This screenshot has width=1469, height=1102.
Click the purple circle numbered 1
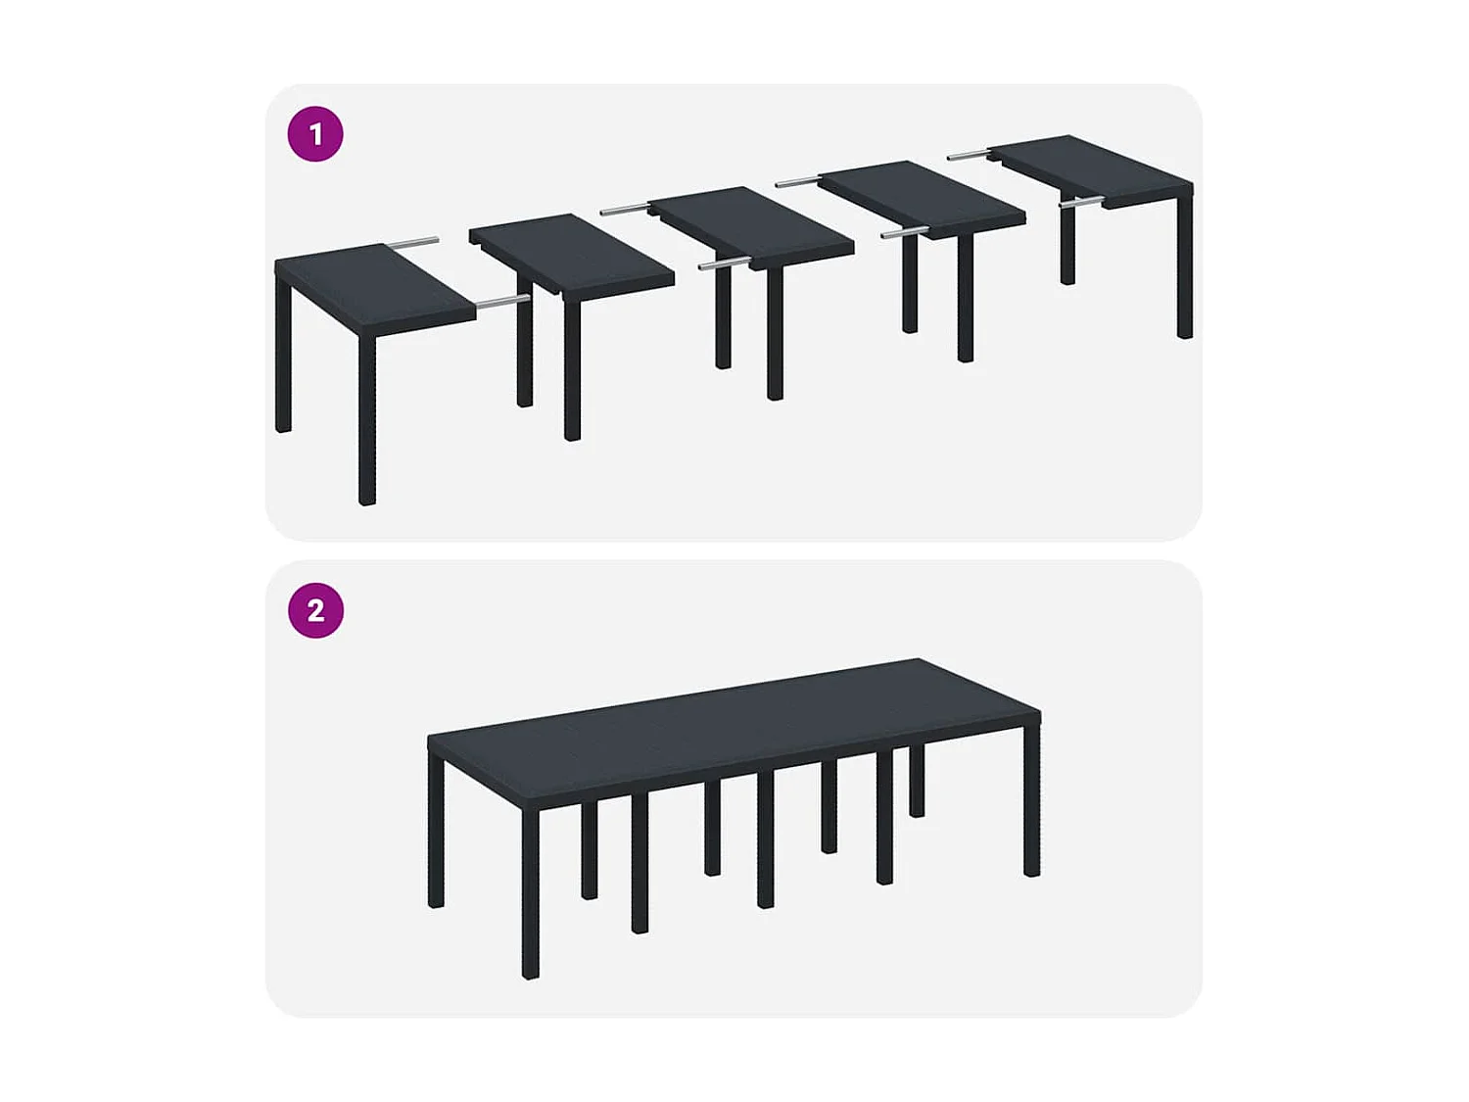click(x=315, y=134)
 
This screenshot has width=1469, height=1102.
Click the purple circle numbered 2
click(x=315, y=610)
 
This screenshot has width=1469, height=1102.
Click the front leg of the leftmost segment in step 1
click(x=367, y=421)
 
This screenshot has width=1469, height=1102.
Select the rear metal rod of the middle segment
click(x=624, y=209)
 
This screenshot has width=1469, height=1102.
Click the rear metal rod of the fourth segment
click(x=797, y=181)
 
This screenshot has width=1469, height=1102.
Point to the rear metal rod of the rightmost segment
click(x=969, y=155)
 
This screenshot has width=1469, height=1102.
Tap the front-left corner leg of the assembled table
click(x=531, y=891)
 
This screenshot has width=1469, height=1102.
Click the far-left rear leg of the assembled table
click(x=436, y=833)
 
